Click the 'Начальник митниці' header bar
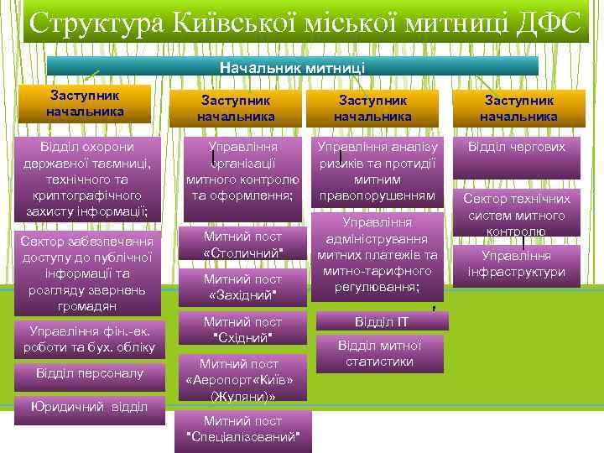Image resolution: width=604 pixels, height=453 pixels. click(292, 65)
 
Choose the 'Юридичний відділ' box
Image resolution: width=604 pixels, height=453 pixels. click(89, 407)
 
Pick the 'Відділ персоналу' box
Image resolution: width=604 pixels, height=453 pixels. click(90, 373)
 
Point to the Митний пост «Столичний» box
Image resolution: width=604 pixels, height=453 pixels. click(242, 244)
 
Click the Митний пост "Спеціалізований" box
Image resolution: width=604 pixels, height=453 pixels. click(242, 430)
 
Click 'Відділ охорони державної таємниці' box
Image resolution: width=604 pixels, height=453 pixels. click(87, 179)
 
